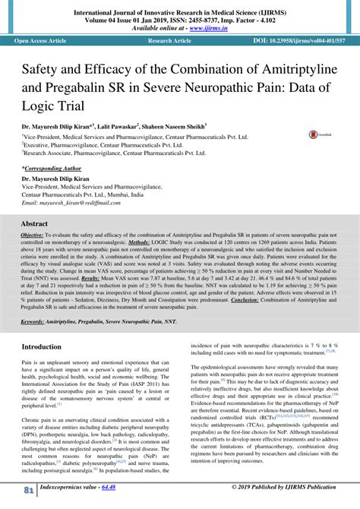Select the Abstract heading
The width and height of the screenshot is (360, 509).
[x=34, y=226]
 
